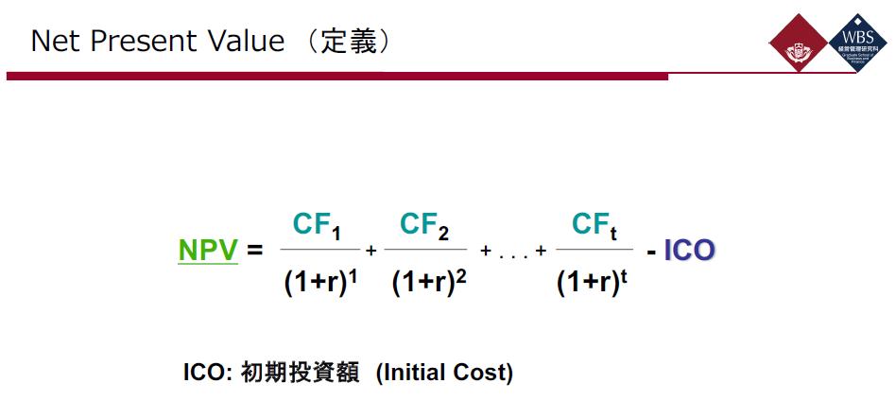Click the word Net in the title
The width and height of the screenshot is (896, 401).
click(54, 42)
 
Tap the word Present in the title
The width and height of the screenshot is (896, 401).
click(136, 42)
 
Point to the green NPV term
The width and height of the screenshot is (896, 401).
click(208, 251)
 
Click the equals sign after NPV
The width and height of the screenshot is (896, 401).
click(254, 252)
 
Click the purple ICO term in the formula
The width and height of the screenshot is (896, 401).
click(690, 251)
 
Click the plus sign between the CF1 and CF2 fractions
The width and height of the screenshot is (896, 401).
click(371, 252)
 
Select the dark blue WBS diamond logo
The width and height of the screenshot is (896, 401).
click(857, 44)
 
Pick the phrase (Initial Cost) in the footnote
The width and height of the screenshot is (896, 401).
click(444, 373)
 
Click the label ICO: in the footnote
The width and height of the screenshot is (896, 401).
click(208, 373)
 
